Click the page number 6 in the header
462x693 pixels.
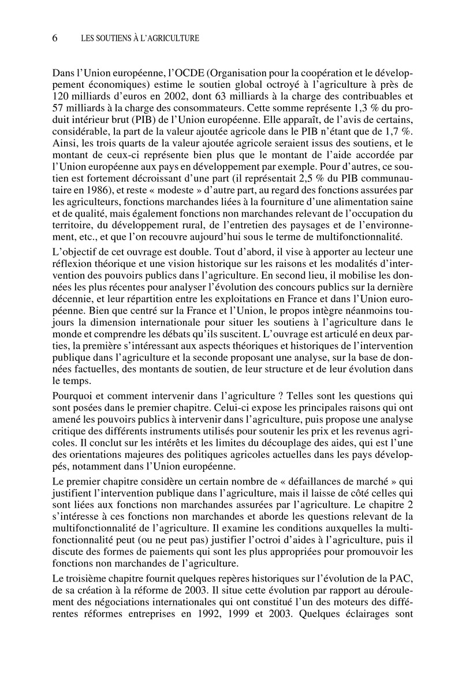pyautogui.click(x=55, y=39)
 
